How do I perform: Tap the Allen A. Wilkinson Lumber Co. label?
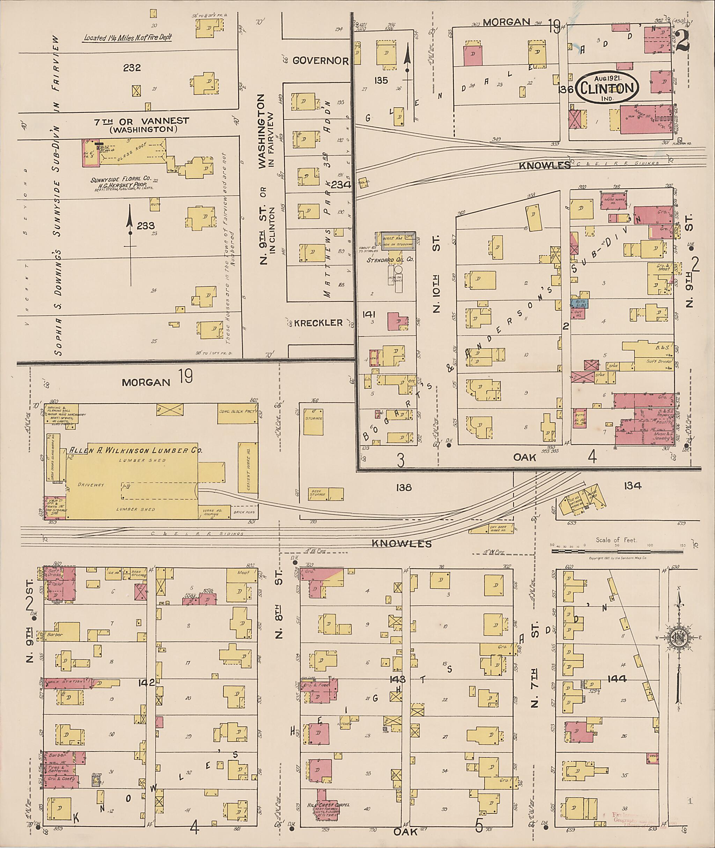136,450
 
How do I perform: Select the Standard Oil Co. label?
390,260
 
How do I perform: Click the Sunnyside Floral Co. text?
120,179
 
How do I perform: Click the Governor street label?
320,61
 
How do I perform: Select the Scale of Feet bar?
616,551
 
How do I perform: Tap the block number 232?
132,68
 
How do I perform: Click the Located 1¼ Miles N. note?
128,38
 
